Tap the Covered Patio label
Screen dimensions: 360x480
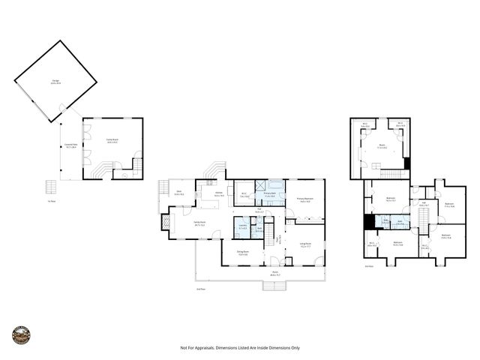click(71, 148)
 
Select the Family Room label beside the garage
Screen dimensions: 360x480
click(112, 142)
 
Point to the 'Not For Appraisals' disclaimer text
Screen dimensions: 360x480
click(240, 348)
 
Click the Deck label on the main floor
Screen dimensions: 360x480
click(178, 193)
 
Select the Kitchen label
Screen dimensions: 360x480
click(219, 194)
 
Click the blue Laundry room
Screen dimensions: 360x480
click(242, 227)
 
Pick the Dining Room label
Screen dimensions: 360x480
click(243, 253)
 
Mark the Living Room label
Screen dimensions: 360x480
click(305, 244)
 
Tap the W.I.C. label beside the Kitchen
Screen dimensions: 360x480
click(244, 194)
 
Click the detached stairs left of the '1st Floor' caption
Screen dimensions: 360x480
click(51, 186)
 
